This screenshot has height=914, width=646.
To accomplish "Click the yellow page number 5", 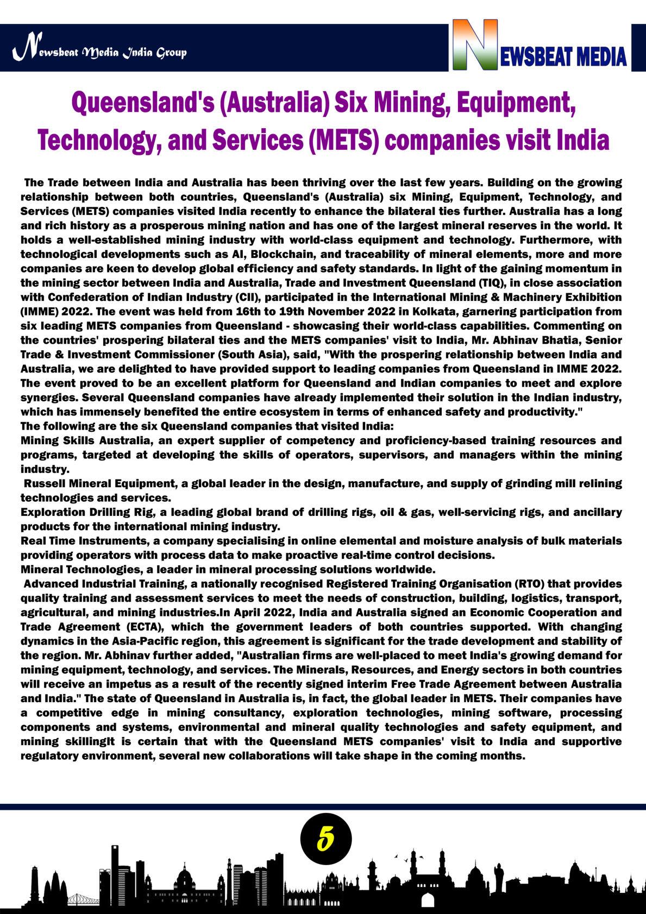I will pyautogui.click(x=325, y=839).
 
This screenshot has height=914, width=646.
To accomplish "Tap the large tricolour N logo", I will pyautogui.click(x=474, y=46).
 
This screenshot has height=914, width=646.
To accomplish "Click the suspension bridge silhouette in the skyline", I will pyautogui.click(x=81, y=898).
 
